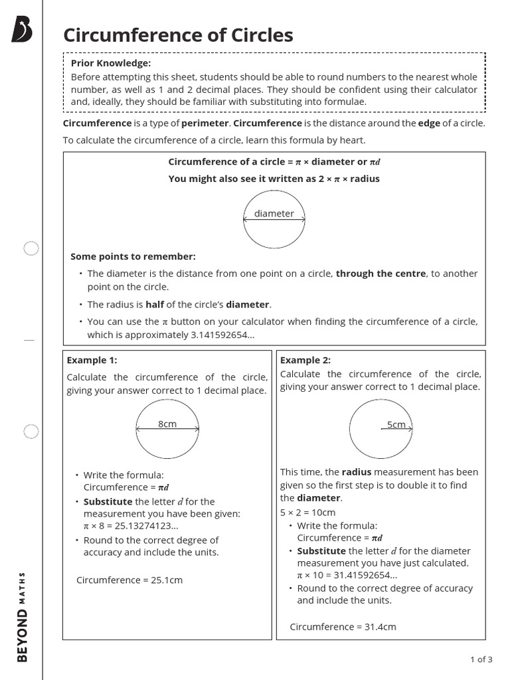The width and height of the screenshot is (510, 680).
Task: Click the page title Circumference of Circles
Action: coord(178,35)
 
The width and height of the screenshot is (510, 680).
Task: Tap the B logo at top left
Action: coord(22,31)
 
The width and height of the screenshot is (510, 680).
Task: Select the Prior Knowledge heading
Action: coord(111,63)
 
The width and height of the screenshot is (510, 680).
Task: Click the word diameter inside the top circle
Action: coord(274,213)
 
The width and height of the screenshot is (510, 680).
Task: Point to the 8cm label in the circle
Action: coord(167,424)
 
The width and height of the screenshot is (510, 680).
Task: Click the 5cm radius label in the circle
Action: coord(396,424)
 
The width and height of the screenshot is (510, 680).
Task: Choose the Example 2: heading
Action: coord(305,360)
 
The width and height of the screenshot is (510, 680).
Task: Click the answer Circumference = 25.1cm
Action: coord(129,580)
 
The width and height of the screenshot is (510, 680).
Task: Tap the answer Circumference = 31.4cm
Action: coord(343,626)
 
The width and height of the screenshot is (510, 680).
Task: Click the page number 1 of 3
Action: coord(481,659)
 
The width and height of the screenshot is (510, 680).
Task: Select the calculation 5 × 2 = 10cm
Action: coord(307,513)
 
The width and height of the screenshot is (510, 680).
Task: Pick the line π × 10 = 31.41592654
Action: coord(347,575)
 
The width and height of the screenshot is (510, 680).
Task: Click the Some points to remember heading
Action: coord(133,256)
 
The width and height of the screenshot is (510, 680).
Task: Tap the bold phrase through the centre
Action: coord(381,274)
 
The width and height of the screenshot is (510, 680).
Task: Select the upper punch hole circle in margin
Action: coord(31,248)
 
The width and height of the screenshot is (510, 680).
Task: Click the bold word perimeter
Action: coord(205,124)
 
